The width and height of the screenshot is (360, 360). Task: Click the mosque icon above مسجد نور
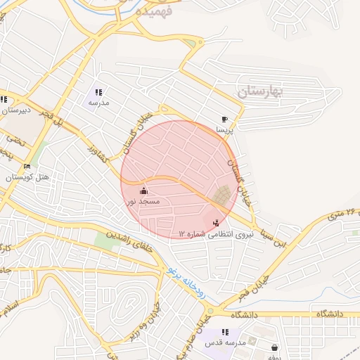tap(143, 191)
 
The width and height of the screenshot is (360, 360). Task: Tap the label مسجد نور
tap(143, 201)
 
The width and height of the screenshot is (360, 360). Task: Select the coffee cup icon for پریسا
tap(224, 120)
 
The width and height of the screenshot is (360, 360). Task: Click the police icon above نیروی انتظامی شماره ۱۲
tap(215, 223)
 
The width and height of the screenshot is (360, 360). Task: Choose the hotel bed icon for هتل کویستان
tap(27, 167)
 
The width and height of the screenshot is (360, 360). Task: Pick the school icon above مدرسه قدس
tap(225, 332)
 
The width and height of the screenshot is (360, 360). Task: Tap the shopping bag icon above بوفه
tap(274, 347)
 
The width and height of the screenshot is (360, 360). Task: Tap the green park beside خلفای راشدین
tap(105, 241)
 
